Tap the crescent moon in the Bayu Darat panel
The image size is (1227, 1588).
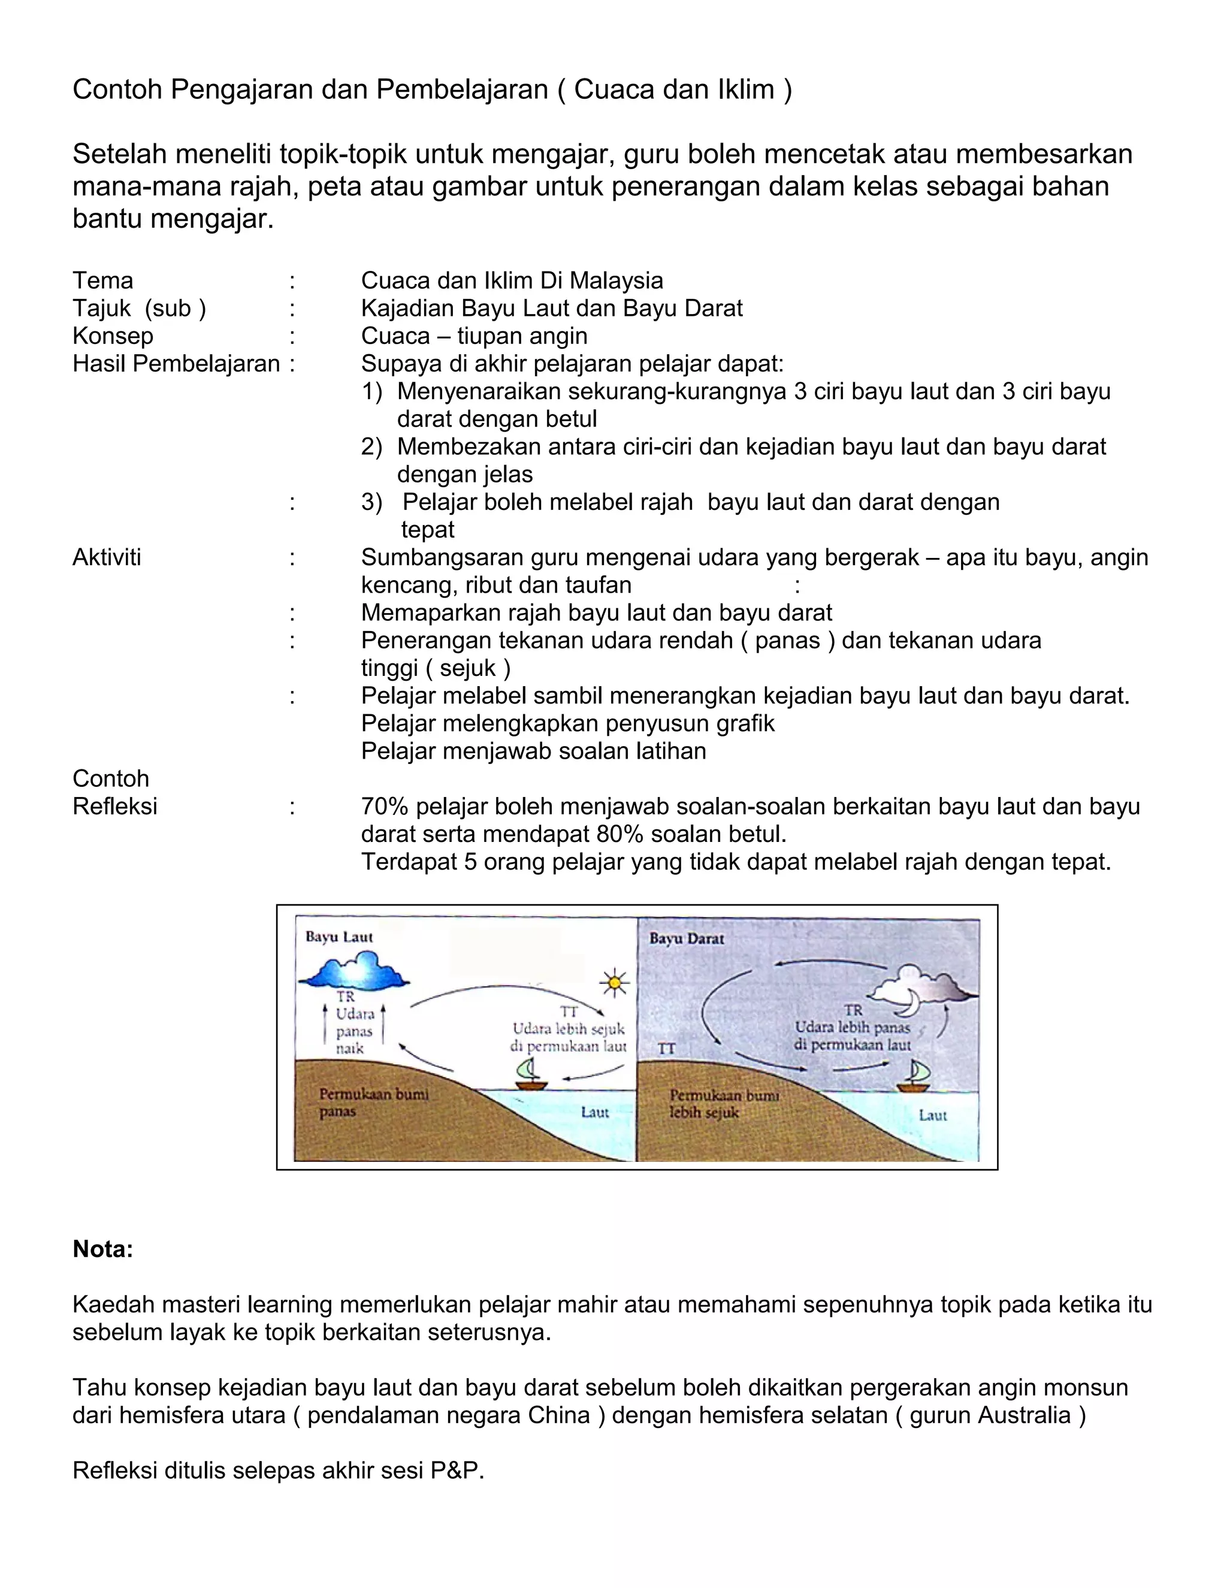tap(909, 1005)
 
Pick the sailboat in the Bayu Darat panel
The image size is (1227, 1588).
tap(914, 1077)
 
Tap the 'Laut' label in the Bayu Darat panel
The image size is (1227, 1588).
tap(933, 1115)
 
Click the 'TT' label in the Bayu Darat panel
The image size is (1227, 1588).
tap(667, 1049)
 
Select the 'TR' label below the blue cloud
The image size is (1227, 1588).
tap(345, 997)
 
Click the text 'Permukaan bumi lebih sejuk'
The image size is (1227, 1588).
tap(723, 1104)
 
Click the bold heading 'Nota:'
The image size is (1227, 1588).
tap(102, 1249)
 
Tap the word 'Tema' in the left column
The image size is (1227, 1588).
tap(102, 280)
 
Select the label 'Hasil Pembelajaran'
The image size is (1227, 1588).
tap(176, 364)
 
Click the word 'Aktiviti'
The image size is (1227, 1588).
tap(107, 558)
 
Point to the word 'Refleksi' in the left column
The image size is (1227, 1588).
tap(115, 807)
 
